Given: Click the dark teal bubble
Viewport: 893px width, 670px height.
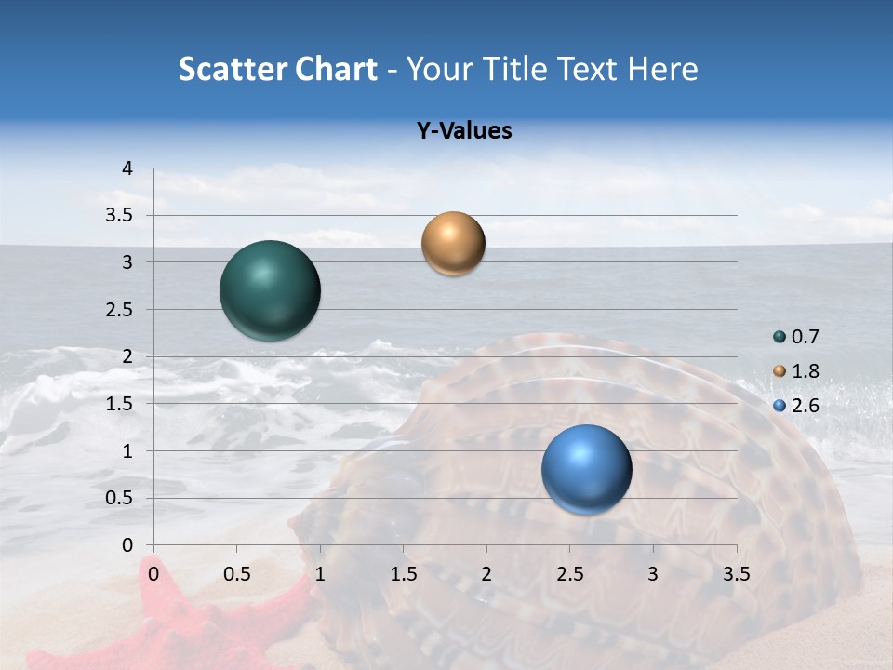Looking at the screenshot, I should (270, 290).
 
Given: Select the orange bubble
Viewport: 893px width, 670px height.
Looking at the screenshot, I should (453, 244).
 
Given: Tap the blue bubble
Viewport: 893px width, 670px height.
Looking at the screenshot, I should (586, 469).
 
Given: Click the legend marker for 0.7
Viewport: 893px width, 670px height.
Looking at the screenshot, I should (780, 337).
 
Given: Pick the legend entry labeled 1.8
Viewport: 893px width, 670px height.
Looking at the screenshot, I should (805, 371).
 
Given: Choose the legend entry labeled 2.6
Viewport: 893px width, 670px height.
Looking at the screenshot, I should (805, 406).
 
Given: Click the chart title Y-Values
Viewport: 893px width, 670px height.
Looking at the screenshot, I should (463, 131).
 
